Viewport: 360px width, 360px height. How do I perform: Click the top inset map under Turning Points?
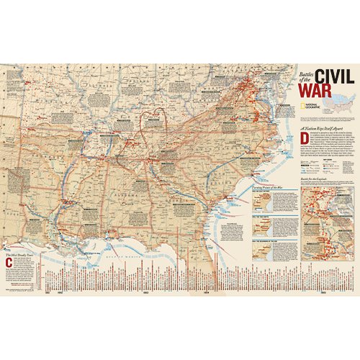point(276,202)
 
